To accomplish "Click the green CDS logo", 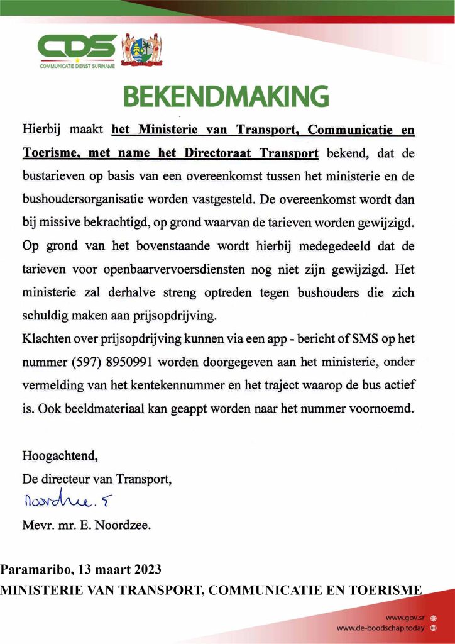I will point(77,48).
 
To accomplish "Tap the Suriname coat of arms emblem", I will point(141,48).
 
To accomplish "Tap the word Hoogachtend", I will point(60,454).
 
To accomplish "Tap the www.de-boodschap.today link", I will point(380,628).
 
